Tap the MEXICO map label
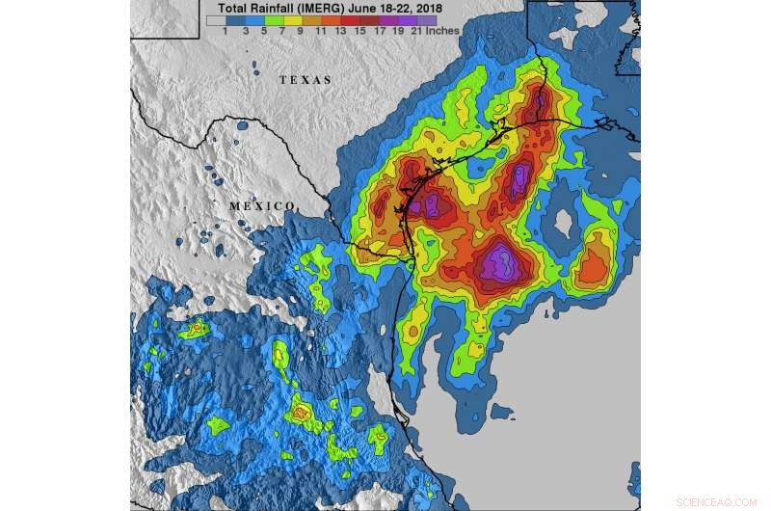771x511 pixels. [x=261, y=206]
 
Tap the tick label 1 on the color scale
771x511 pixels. [x=225, y=31]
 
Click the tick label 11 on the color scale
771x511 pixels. [x=321, y=31]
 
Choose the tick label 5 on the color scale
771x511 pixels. [x=263, y=31]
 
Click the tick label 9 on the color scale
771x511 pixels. [x=302, y=31]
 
